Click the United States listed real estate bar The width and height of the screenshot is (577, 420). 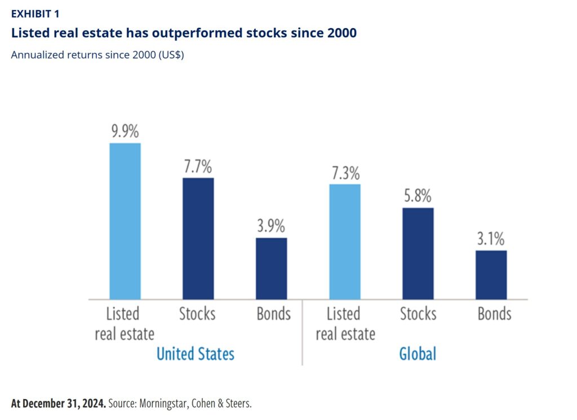[x=125, y=221]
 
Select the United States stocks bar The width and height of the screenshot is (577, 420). [x=198, y=238]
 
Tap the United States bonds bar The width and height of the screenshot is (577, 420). [x=271, y=268]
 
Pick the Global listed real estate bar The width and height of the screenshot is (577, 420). [x=344, y=241]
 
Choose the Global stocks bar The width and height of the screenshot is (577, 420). [x=418, y=253]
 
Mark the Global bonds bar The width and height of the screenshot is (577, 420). [x=491, y=275]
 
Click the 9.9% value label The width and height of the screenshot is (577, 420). [x=125, y=132]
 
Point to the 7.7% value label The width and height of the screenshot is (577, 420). [x=198, y=167]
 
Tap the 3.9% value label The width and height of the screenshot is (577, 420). [x=271, y=227]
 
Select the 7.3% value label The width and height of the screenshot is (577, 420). [x=344, y=173]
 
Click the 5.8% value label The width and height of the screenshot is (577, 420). [x=418, y=197]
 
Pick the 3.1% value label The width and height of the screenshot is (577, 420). [x=491, y=239]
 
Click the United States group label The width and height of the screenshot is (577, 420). [x=195, y=354]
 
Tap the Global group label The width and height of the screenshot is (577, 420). [x=418, y=354]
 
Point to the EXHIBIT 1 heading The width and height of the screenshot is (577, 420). [x=35, y=14]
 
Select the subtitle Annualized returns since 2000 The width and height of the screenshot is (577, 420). [x=97, y=55]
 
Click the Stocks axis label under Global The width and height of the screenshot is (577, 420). [x=418, y=314]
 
